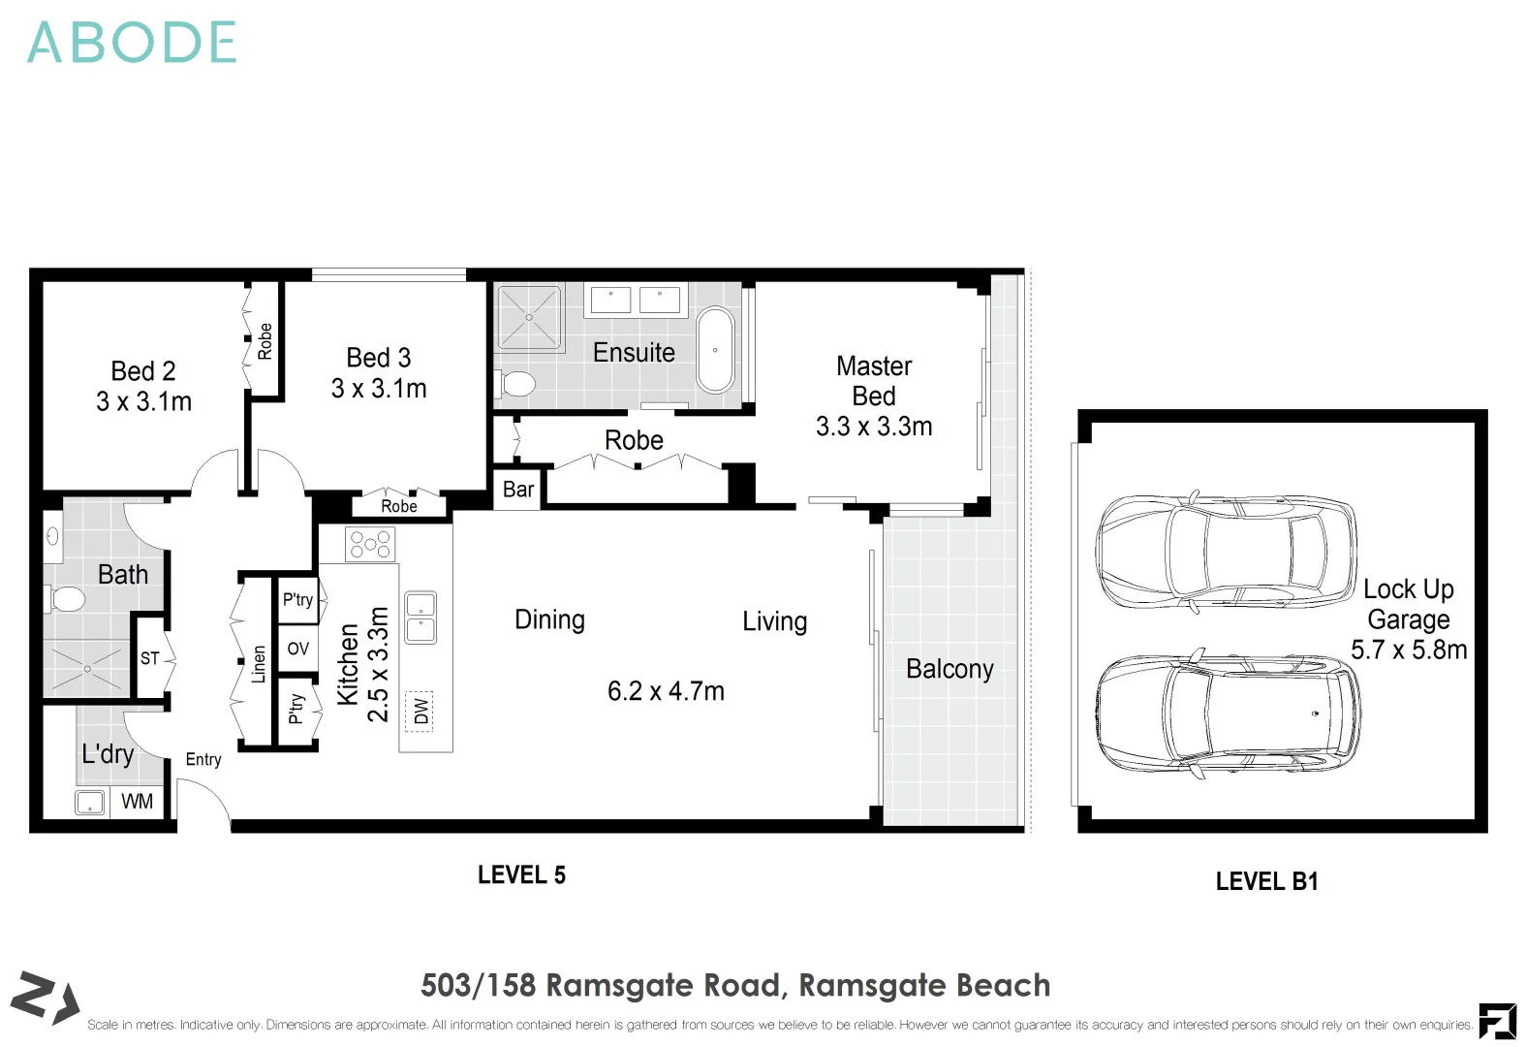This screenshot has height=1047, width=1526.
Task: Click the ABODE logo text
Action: coord(132,43)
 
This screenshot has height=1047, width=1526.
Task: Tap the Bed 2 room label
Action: coord(143,371)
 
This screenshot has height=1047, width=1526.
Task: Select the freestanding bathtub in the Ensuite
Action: coord(715,350)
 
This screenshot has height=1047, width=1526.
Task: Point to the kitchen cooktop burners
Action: coord(370,545)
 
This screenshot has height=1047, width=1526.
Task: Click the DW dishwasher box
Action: coord(420,711)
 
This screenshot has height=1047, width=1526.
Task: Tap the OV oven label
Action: coord(298,649)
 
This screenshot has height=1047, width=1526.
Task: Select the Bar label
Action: coord(518,490)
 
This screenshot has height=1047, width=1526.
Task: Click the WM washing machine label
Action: coord(137,801)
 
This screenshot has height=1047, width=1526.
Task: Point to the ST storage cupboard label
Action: coord(149,658)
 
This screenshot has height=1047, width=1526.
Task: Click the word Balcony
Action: coord(950,669)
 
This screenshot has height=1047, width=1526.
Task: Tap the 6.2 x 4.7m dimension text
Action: coord(666,691)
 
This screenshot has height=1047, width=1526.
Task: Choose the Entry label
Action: coord(203,759)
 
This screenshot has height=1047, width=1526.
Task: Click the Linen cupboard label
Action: coord(258,665)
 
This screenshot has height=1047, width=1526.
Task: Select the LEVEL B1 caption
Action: coord(1266,881)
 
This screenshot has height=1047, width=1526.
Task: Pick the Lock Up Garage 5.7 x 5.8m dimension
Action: coord(1409,650)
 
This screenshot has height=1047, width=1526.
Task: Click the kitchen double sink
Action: coord(420,618)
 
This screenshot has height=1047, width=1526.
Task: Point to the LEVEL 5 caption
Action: coord(521,875)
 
